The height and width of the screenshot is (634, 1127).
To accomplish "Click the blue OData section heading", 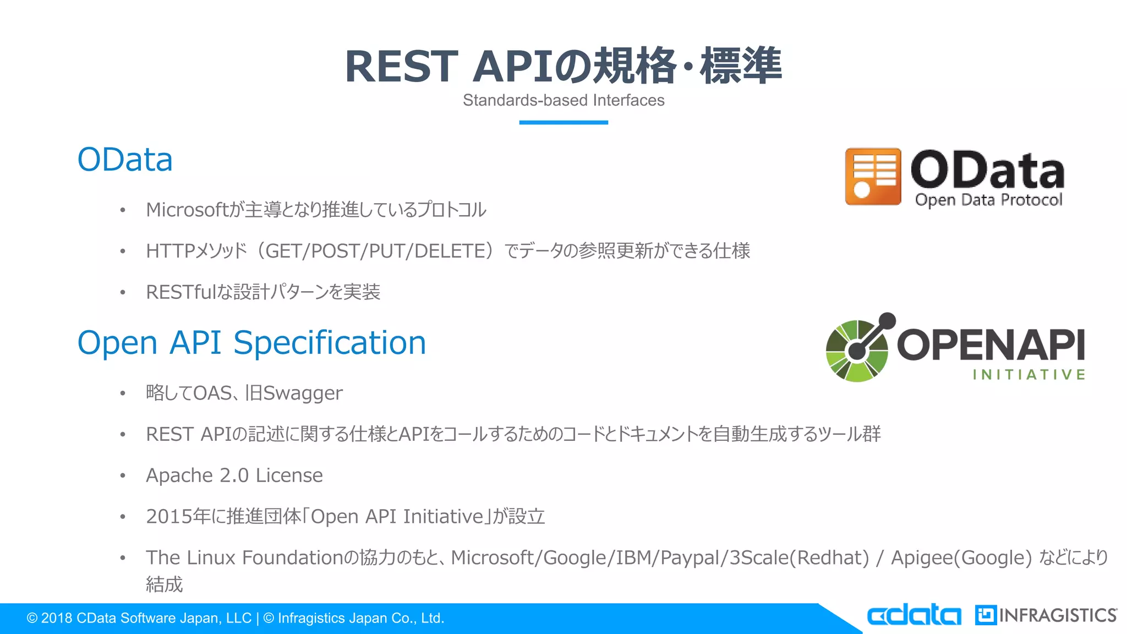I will pyautogui.click(x=125, y=160).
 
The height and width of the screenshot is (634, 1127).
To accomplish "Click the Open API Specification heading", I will pyautogui.click(x=251, y=342).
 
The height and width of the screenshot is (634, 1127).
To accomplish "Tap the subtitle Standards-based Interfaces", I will pyautogui.click(x=563, y=100).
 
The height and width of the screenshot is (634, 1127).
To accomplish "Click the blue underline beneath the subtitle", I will pyautogui.click(x=563, y=122).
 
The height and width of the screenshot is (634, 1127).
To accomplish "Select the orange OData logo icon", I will pyautogui.click(x=873, y=176).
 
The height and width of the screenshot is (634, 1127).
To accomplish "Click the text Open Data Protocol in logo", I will pyautogui.click(x=988, y=200).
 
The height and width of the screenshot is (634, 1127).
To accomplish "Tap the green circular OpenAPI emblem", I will pyautogui.click(x=857, y=351).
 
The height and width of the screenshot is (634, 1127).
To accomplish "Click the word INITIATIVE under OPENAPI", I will pyautogui.click(x=1028, y=375).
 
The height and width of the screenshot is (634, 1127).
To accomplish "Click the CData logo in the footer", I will pyautogui.click(x=914, y=615).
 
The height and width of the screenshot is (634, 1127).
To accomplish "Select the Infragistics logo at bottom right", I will pyautogui.click(x=1046, y=615).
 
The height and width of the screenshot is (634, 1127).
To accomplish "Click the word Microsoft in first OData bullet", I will pyautogui.click(x=186, y=210).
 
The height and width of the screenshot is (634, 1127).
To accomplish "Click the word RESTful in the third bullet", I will pyautogui.click(x=180, y=292).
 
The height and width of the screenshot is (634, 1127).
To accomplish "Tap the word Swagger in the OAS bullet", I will pyautogui.click(x=303, y=393).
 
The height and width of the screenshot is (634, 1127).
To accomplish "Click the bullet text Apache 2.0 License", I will pyautogui.click(x=234, y=475).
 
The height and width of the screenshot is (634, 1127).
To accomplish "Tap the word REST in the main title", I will pyautogui.click(x=401, y=67).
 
